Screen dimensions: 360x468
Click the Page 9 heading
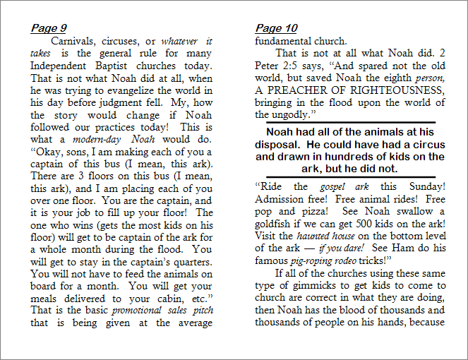(x=49, y=28)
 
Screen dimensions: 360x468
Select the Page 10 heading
(x=276, y=28)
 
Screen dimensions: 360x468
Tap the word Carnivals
(x=75, y=41)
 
